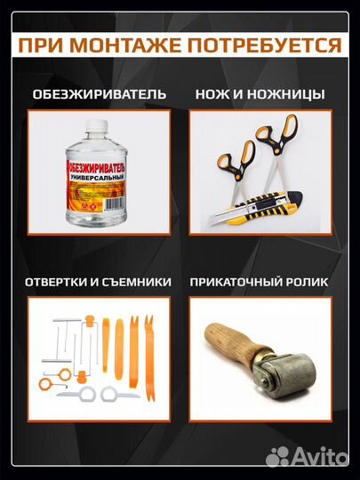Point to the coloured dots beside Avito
[277, 457]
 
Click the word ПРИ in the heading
[40, 44]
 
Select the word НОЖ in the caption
[217, 93]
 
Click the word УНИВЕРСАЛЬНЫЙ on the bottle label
[93, 179]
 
